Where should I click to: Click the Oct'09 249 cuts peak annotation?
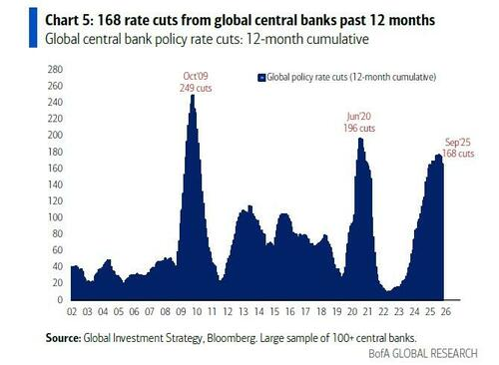click(196, 82)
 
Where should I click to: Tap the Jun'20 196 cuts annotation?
click(359, 122)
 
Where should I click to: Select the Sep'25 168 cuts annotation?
click(458, 148)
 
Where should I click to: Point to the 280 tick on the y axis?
click(55, 70)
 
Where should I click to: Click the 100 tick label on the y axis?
click(55, 217)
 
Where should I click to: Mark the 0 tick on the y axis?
click(60, 299)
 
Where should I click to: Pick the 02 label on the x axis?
click(72, 312)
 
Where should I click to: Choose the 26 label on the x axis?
click(446, 312)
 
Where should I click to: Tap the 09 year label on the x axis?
click(181, 312)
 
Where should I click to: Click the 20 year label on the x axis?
click(352, 312)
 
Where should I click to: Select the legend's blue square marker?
click(261, 78)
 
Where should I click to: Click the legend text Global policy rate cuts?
click(307, 77)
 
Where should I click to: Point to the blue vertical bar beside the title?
click(33, 28)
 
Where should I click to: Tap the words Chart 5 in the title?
click(68, 20)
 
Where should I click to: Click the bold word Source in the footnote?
click(63, 338)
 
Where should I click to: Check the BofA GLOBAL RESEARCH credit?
click(423, 354)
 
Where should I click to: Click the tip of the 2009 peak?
click(193, 95)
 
